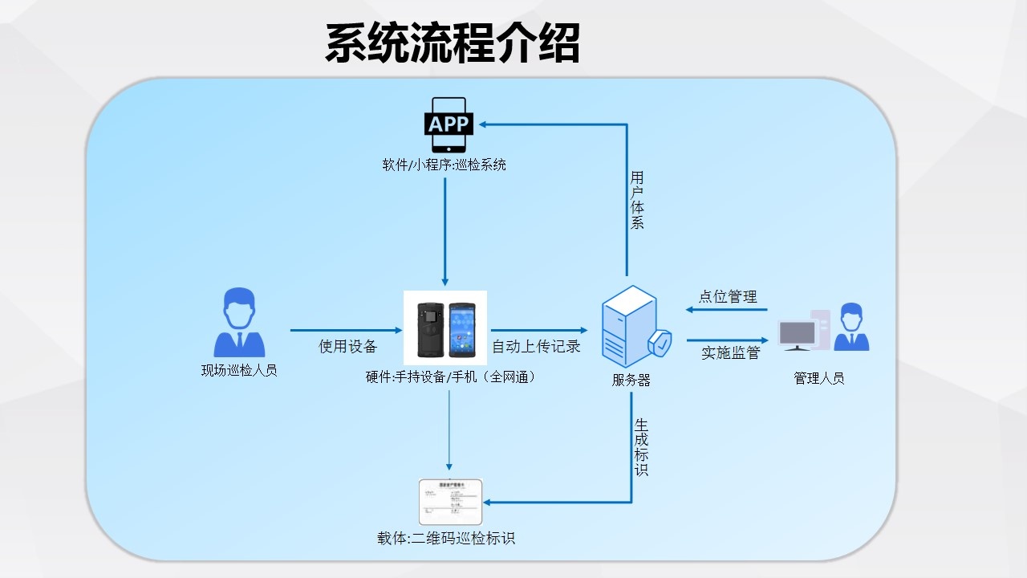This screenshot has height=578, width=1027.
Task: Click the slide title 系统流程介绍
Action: point(452,43)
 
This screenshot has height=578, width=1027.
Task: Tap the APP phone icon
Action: point(449,124)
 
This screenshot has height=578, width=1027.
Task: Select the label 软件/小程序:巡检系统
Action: point(444,165)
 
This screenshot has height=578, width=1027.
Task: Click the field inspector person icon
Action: point(239,323)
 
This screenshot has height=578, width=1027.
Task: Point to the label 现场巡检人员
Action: point(239,371)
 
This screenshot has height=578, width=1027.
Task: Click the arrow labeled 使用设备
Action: point(346,330)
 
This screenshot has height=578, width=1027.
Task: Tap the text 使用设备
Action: point(347,347)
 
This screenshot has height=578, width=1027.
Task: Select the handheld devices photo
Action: point(445,328)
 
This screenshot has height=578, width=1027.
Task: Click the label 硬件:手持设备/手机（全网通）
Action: point(450,377)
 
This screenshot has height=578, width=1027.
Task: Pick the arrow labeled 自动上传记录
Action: point(539,330)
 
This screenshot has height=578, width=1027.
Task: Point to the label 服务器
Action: point(631,381)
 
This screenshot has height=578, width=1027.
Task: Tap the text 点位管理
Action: point(727,296)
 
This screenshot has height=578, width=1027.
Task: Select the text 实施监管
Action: point(730,352)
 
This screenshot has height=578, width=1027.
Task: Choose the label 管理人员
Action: point(819,378)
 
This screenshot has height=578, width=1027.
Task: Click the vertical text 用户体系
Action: point(637,201)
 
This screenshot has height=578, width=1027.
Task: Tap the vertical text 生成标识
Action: point(641,447)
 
